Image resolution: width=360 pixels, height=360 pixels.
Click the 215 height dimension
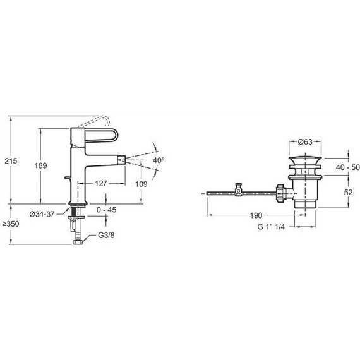11,161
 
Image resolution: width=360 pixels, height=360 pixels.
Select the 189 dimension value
40,165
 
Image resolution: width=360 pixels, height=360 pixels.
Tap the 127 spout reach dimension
101,183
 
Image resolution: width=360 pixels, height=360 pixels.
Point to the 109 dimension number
141,184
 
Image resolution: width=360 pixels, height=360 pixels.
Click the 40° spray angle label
159,160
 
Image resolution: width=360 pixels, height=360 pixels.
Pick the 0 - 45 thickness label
106,210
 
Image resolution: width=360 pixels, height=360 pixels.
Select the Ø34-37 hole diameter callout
42,214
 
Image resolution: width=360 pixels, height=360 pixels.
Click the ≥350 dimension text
11,224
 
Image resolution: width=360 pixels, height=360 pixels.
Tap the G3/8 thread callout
106,235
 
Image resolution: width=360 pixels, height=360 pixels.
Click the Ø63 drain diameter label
305,142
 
